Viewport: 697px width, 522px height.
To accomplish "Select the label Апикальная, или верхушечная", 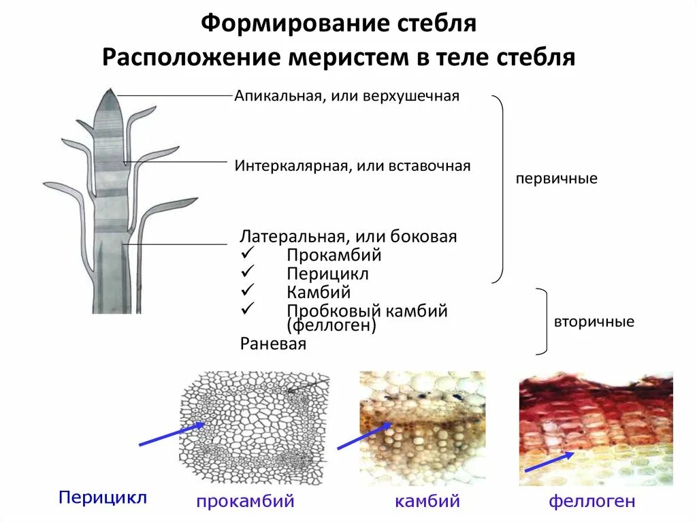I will [347, 96].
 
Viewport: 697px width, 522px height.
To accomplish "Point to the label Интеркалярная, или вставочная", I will [353, 165].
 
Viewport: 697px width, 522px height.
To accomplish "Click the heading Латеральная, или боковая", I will [348, 236].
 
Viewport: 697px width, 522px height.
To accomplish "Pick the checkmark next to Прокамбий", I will [247, 253].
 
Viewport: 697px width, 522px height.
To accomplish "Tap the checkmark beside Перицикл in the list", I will [247, 272].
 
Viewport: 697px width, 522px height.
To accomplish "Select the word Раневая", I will [273, 344].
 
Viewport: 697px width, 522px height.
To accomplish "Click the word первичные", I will [556, 179].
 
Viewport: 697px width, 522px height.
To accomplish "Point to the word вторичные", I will [594, 322].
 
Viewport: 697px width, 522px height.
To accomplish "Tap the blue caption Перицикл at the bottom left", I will [103, 497].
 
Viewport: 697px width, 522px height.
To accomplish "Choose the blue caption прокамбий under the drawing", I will [245, 502].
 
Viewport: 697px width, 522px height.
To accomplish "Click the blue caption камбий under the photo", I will [427, 502].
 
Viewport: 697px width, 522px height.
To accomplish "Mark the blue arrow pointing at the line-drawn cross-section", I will [172, 434].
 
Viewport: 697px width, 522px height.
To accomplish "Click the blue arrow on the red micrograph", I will [549, 462].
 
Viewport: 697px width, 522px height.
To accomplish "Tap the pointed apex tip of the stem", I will [108, 91].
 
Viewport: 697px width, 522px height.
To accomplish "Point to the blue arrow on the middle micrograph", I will [363, 436].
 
